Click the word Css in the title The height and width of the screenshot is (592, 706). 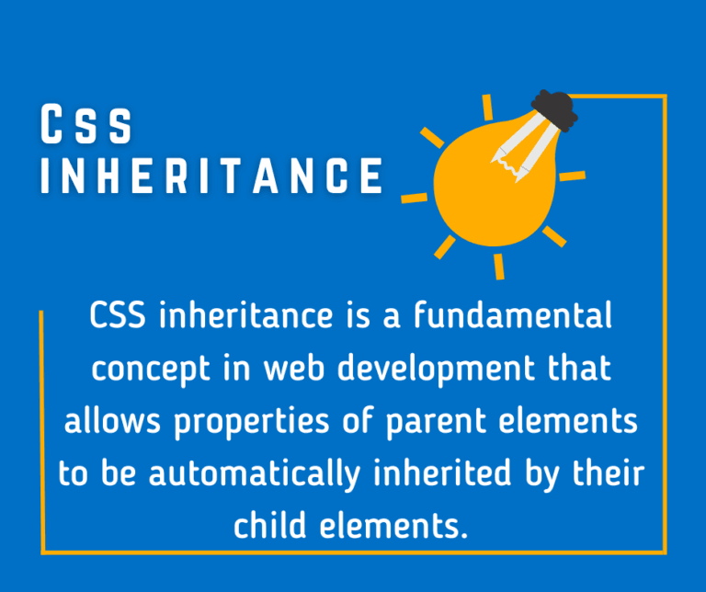86,126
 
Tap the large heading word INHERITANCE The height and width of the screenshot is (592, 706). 211,175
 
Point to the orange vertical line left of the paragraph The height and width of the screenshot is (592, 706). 42,432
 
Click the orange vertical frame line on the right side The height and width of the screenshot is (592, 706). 665,322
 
